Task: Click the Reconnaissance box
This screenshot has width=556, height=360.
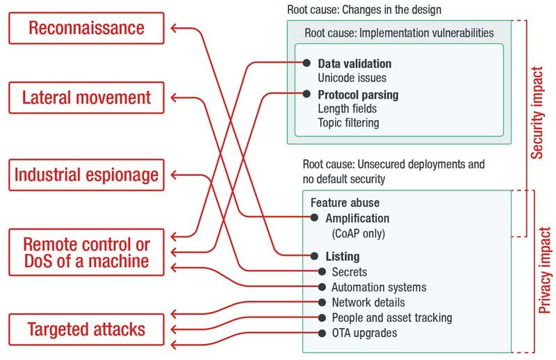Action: [87, 28]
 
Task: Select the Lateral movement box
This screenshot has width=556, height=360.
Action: [87, 96]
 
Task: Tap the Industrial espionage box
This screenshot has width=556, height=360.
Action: [87, 174]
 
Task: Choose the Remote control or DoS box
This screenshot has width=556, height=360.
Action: [87, 253]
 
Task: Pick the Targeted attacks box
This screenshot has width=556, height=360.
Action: [87, 329]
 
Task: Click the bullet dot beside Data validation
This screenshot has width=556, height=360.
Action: [305, 63]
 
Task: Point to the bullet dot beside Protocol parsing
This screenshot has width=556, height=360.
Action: [305, 94]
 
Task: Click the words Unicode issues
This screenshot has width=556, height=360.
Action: [352, 78]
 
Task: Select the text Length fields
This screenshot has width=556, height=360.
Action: [347, 108]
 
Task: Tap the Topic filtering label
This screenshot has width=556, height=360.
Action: [349, 123]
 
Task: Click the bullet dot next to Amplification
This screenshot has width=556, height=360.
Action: [313, 218]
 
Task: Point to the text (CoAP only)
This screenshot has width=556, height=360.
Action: [359, 233]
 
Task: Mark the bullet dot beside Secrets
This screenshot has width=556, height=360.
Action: [322, 272]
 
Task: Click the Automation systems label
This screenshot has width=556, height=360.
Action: [379, 287]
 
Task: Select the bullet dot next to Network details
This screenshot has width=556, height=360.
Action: [322, 302]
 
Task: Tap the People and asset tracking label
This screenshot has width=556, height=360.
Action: [392, 318]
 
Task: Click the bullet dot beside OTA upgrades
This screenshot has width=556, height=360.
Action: [322, 333]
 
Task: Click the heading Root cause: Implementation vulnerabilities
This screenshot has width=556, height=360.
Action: [399, 33]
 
